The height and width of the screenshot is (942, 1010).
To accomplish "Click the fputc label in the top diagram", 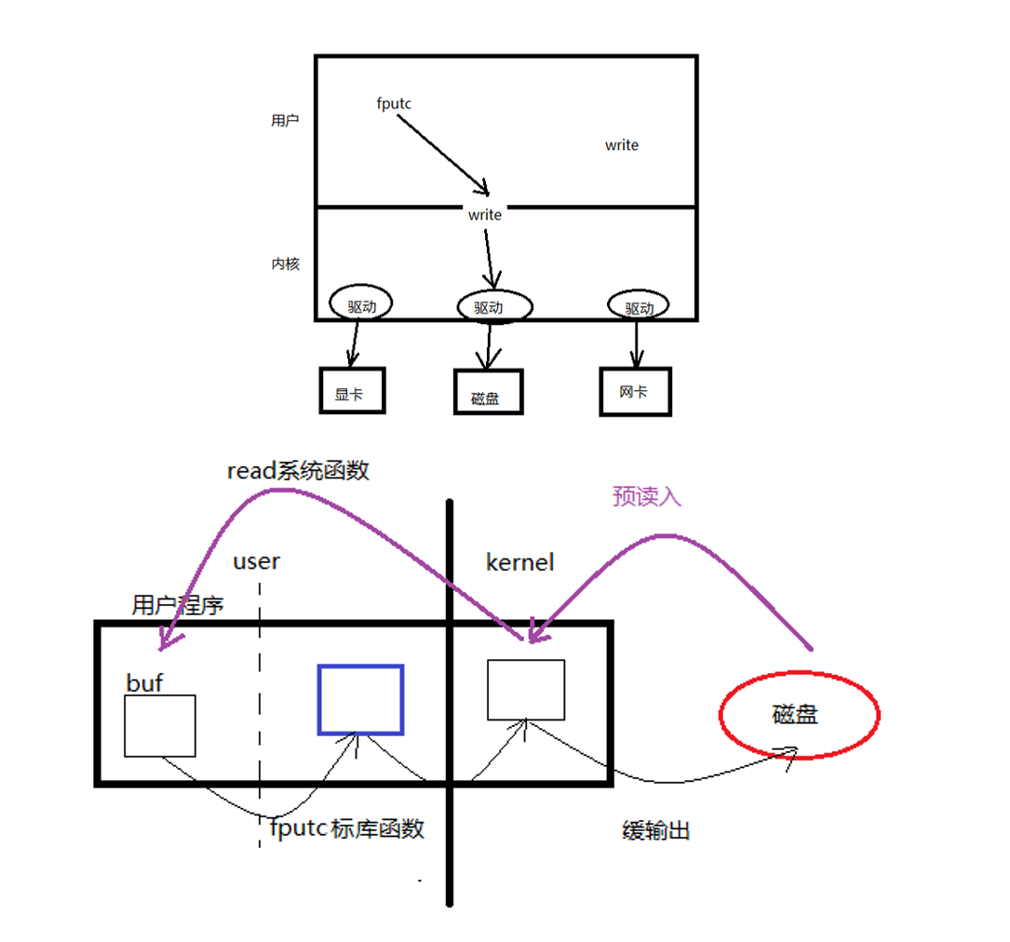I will (x=394, y=104).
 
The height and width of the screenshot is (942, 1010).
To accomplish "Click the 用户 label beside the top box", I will (x=285, y=121).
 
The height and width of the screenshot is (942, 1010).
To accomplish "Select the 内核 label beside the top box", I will (x=285, y=264).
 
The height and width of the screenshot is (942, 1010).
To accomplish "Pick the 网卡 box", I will (x=635, y=392).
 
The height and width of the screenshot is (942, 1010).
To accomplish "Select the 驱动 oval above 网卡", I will (x=639, y=307).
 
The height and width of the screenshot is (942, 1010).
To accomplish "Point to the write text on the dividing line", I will (x=485, y=215).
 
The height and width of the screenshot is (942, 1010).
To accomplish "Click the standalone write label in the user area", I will (x=622, y=145).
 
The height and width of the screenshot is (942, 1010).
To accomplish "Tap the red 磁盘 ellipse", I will (x=799, y=715).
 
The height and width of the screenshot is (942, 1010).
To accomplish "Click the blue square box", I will (x=361, y=699).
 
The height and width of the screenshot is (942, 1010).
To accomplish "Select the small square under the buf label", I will (x=159, y=726).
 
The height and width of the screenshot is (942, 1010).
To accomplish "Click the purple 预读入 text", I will (x=646, y=497).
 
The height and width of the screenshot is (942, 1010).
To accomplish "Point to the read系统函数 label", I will (x=298, y=471).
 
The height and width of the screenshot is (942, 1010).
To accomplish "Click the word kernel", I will (x=520, y=562).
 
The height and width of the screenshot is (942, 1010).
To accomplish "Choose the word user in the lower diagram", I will (x=256, y=561).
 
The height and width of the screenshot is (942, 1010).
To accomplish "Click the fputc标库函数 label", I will (x=347, y=828).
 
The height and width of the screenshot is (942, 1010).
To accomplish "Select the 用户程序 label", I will (x=178, y=607).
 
